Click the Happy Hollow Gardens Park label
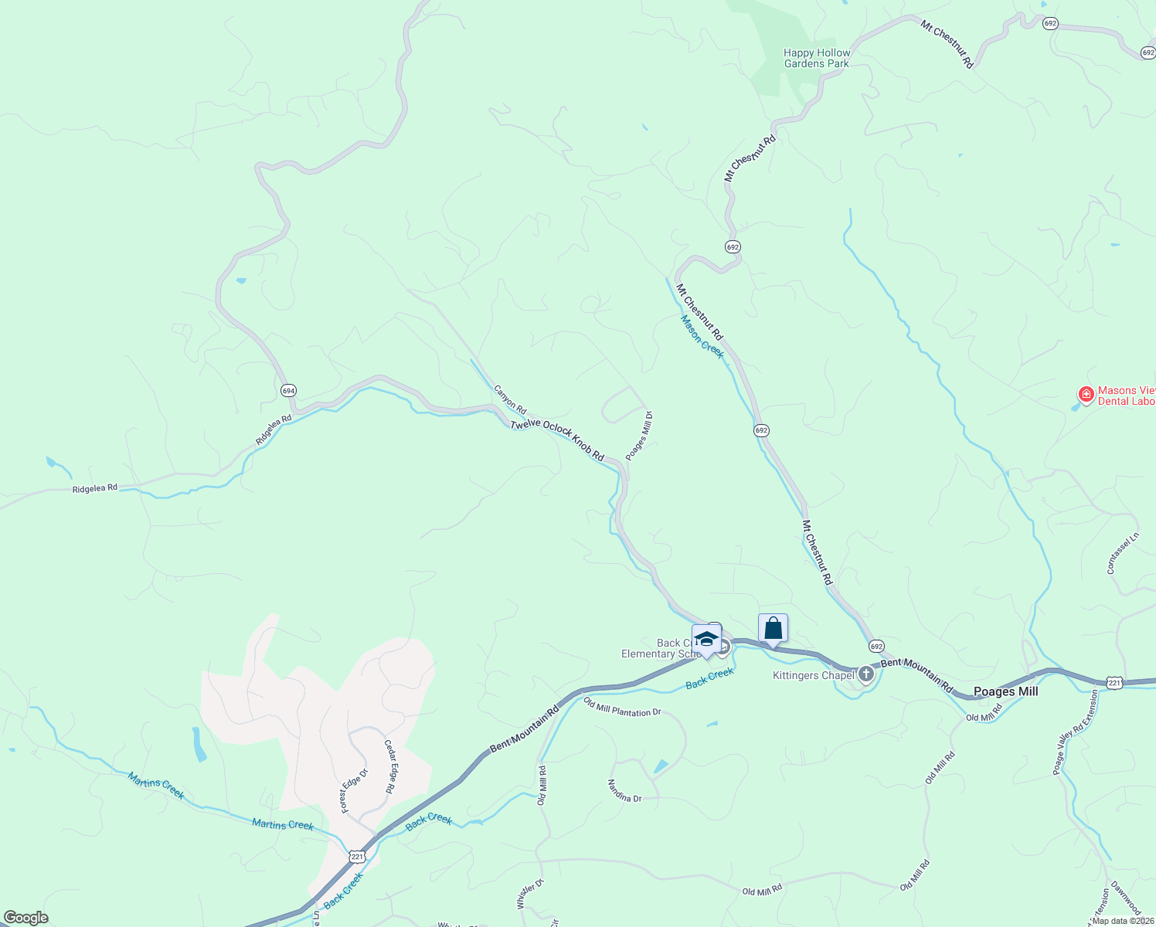[817, 59]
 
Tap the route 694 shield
[288, 391]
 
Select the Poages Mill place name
[1005, 691]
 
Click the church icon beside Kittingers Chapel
[866, 675]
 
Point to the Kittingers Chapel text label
[813, 676]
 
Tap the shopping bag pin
[773, 629]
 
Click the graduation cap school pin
[706, 639]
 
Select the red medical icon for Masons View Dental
[1086, 396]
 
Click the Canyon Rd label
[510, 399]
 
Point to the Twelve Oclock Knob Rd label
[557, 441]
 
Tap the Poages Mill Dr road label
[640, 436]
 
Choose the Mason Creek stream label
[702, 337]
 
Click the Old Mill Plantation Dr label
[623, 708]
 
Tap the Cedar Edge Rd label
[390, 767]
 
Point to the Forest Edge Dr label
[354, 790]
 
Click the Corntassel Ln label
[1123, 553]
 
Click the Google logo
[25, 918]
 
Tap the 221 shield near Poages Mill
[1113, 683]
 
